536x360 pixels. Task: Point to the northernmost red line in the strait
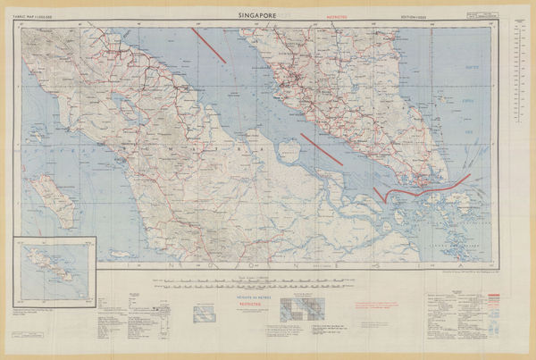pyautogui.click(x=208, y=46)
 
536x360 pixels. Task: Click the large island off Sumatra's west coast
pyautogui.click(x=56, y=201)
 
